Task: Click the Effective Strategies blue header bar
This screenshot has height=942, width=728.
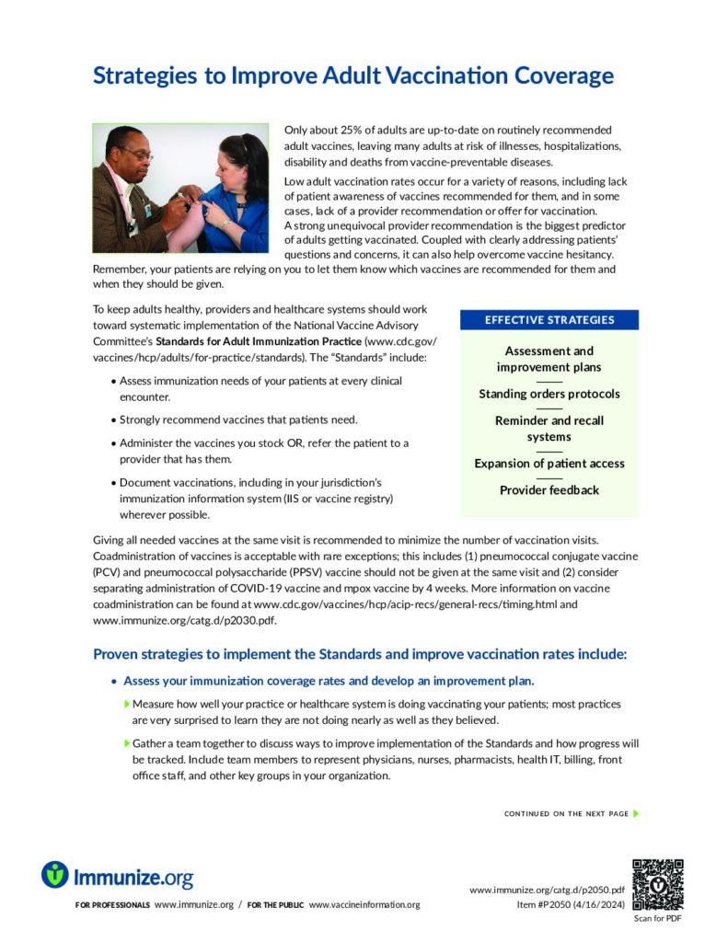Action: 549,320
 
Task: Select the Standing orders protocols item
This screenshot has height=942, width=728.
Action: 549,394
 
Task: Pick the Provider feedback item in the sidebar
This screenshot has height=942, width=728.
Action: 549,489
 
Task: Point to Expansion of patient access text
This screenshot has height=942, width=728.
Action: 549,463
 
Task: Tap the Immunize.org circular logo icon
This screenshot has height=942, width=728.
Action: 55,874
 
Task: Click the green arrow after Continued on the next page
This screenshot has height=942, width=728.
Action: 636,813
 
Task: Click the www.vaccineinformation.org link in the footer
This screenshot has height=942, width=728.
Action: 364,905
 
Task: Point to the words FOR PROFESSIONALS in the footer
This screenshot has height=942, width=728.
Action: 112,905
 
